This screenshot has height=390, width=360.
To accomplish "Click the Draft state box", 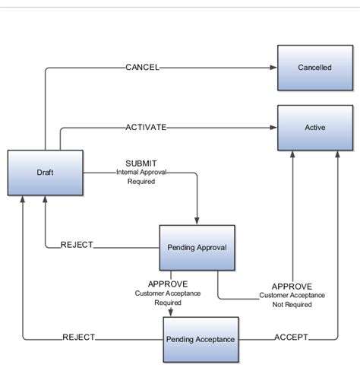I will click(45, 173).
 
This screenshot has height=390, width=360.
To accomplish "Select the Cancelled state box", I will click(314, 68).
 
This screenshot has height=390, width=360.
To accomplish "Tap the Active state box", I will click(314, 128).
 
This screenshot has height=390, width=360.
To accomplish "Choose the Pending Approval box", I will click(197, 247).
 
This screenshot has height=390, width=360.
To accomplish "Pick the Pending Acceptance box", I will click(201, 338).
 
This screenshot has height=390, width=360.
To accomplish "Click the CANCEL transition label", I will click(142, 68).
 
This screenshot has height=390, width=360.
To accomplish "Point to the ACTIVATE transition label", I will click(146, 128).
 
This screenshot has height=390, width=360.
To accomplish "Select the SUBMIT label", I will click(141, 163).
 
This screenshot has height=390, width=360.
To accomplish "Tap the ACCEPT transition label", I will click(291, 338).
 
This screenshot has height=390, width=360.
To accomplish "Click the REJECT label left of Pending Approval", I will click(77, 245).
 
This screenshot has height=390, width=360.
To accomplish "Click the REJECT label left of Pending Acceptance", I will click(78, 338).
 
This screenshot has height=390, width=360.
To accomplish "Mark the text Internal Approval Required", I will click(141, 177).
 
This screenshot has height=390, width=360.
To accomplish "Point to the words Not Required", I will click(292, 304).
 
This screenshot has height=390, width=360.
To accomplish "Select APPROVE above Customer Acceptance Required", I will click(168, 284).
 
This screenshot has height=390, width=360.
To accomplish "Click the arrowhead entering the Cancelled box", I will click(273, 68).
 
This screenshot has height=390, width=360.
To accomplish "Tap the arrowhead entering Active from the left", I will click(273, 128).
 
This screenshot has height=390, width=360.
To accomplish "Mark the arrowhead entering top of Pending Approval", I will click(197, 220).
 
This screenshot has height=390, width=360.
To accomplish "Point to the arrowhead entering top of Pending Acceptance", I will click(170, 312).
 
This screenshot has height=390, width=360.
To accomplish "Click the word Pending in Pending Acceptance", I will click(181, 338).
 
